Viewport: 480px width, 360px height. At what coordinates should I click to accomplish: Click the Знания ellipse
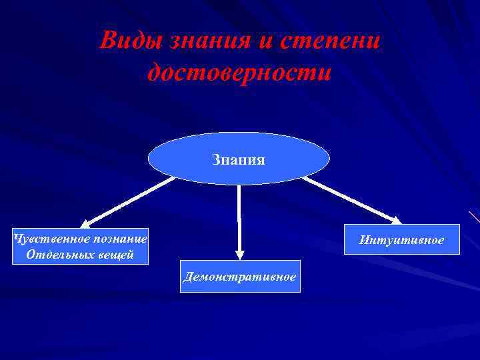[239, 159]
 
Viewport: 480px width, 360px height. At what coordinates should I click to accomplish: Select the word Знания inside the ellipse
[239, 159]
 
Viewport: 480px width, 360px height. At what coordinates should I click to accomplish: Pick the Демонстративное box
[240, 276]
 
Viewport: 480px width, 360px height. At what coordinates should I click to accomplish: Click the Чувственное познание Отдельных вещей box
[81, 246]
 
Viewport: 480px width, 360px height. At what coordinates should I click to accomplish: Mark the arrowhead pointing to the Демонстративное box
[240, 254]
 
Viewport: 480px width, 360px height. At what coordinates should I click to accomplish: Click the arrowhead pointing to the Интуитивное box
[395, 219]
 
